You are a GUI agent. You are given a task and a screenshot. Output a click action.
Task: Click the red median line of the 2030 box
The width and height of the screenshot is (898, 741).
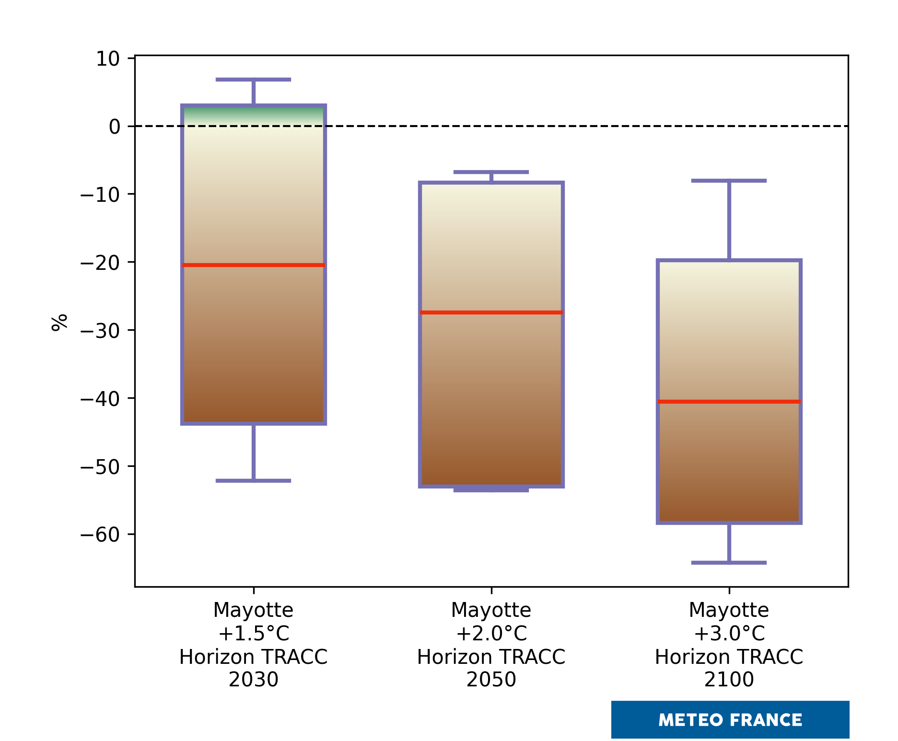[x=253, y=265]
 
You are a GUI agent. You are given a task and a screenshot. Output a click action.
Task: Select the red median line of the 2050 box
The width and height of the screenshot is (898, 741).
[x=491, y=313]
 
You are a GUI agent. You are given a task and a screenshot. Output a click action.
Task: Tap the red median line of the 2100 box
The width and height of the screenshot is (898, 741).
[x=729, y=402]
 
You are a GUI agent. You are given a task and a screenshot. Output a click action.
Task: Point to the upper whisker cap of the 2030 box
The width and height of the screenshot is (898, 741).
[x=253, y=80]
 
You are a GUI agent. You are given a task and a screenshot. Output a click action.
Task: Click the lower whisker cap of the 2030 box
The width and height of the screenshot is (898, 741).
[x=253, y=480]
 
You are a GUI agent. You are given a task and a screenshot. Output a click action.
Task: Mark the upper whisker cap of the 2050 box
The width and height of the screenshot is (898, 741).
[x=491, y=172]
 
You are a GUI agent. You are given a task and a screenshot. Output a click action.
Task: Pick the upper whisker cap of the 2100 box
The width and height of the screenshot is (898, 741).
[x=729, y=181]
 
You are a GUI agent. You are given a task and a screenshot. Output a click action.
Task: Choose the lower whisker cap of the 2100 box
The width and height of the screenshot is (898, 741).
[x=729, y=563]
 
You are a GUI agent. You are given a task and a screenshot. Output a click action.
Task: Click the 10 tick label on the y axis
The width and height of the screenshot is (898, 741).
[x=108, y=59]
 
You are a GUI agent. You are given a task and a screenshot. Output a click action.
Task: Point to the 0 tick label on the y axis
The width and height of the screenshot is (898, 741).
[x=115, y=127]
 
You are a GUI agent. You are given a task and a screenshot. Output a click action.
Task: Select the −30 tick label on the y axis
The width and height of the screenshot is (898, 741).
[x=101, y=331]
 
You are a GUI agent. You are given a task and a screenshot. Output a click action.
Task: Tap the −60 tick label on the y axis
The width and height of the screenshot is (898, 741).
[x=101, y=535]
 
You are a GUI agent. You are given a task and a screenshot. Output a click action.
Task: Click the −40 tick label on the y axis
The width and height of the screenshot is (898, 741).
[x=101, y=399]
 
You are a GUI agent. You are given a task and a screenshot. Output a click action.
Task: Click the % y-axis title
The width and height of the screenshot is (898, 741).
[x=60, y=323]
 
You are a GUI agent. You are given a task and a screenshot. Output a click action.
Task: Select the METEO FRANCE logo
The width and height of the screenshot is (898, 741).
[x=730, y=719]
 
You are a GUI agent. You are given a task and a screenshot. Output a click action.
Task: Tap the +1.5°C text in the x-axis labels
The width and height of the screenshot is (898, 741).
[x=253, y=634]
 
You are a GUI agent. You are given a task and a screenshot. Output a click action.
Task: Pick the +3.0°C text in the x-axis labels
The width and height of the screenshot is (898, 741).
[x=729, y=634]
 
